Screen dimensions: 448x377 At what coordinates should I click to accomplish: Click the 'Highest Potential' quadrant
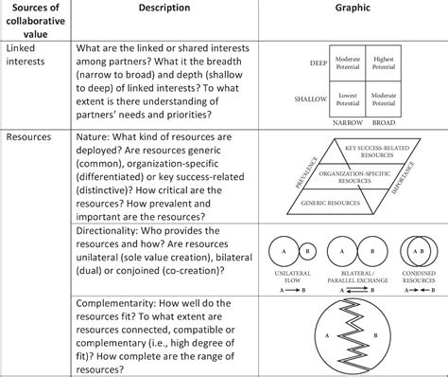coord(383,63)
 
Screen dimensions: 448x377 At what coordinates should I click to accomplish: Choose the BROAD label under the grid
coord(383,122)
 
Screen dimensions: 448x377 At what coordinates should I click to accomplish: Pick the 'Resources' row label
coord(29,136)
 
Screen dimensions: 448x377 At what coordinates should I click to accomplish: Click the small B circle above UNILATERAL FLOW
coord(309,250)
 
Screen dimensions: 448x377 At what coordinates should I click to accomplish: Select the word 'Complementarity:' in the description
coord(128,305)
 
